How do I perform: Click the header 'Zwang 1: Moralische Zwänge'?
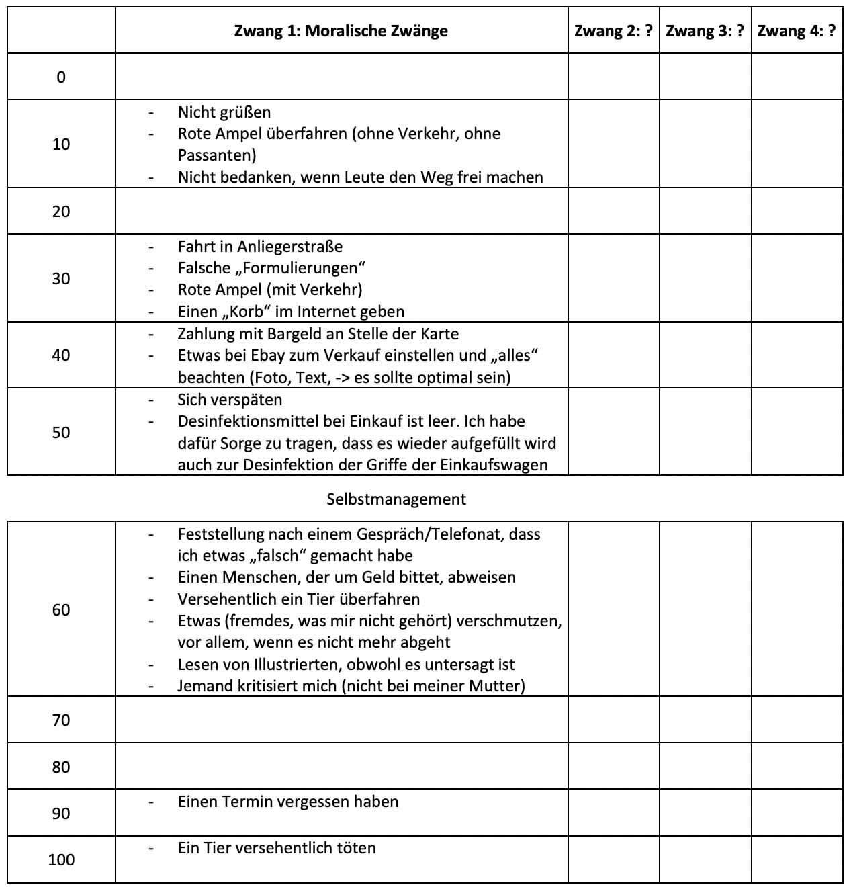pos(341,31)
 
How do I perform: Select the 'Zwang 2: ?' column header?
pos(613,31)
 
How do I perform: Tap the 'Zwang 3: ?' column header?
pos(705,31)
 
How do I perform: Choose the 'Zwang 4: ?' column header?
pos(796,31)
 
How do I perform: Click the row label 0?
pos(61,77)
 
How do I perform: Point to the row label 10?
pos(61,144)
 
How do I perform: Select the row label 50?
pos(61,432)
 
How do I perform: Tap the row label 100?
pos(61,859)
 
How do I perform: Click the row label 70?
pos(61,720)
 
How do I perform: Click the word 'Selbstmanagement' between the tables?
pos(396,499)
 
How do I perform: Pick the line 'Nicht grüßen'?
pos(224,112)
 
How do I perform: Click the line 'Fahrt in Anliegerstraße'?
pos(260,247)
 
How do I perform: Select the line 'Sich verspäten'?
pos(230,400)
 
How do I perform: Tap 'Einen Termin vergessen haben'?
pos(287,802)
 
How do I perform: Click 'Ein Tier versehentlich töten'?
pos(276,848)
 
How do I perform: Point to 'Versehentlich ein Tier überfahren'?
pos(298,599)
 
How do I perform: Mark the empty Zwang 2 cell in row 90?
pos(613,813)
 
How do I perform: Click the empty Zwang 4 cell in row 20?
pos(797,211)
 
